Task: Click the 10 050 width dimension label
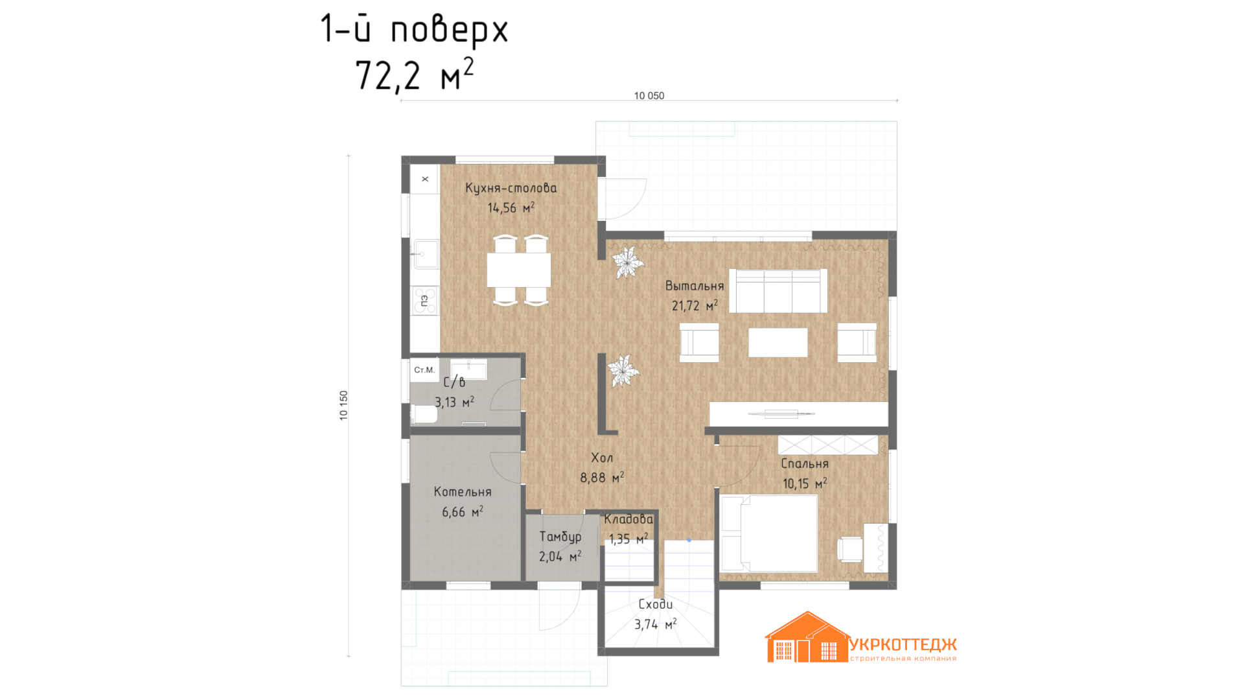pos(649,96)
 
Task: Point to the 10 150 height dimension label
pos(343,406)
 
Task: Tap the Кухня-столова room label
pos(511,188)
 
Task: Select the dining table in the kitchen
pos(519,270)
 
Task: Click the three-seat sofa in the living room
pos(778,291)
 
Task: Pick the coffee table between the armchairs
pos(778,342)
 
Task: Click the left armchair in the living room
pos(699,342)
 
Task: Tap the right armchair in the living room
pos(857,342)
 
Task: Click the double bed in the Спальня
pos(769,533)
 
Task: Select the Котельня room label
pos(463,492)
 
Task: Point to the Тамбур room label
pos(560,537)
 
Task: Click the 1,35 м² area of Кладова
pos(628,539)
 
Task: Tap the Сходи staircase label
pos(656,604)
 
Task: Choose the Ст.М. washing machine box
pos(424,370)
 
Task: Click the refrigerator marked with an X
pos(424,179)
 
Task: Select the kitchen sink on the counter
pos(426,254)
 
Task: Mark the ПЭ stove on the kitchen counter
pos(425,301)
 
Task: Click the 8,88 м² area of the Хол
pos(602,478)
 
